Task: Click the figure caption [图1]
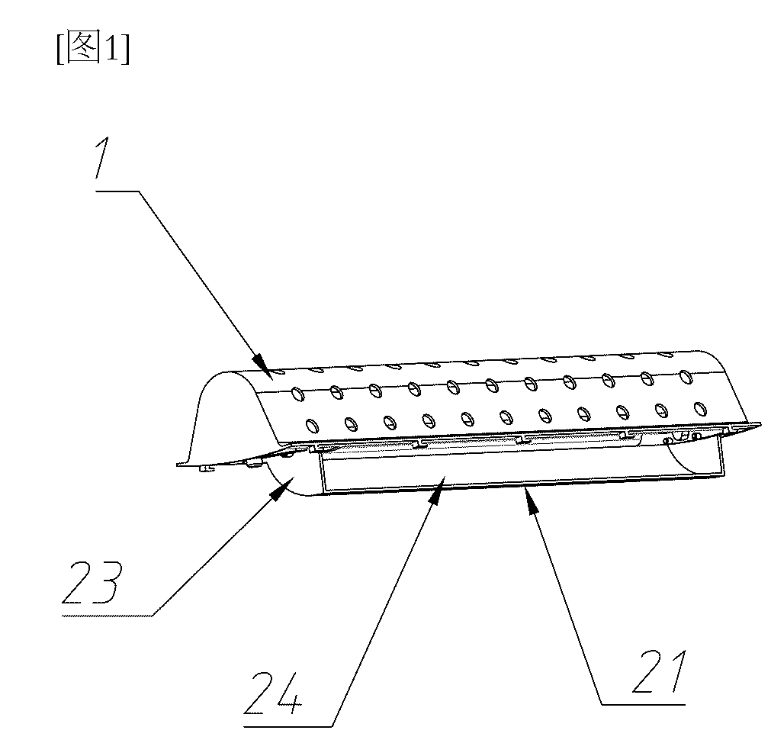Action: pyautogui.click(x=94, y=47)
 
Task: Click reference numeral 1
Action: pyautogui.click(x=104, y=158)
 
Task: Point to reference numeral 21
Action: pyautogui.click(x=660, y=671)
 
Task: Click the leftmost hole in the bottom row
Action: pyautogui.click(x=311, y=425)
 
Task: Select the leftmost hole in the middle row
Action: pyautogui.click(x=298, y=394)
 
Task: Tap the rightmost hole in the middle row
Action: pyautogui.click(x=686, y=377)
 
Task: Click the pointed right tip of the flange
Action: pyautogui.click(x=760, y=423)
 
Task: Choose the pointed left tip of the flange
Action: pyautogui.click(x=178, y=463)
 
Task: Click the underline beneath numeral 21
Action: pyautogui.click(x=643, y=704)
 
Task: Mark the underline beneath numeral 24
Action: pyautogui.click(x=288, y=725)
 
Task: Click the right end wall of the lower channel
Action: pyautogui.click(x=722, y=455)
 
